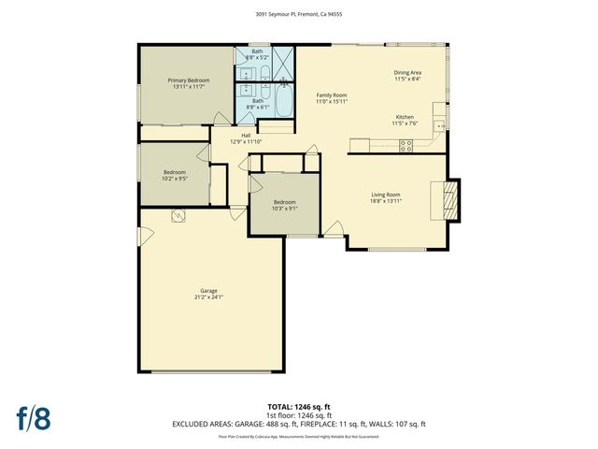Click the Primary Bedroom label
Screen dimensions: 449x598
(189, 81)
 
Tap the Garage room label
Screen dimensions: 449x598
(208, 292)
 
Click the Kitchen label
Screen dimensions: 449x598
(405, 117)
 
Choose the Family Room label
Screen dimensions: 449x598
(331, 95)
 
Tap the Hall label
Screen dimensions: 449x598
(246, 136)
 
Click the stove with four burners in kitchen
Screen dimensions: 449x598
(406, 144)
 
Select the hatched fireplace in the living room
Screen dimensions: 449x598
(450, 199)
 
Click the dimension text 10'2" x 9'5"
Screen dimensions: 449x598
(175, 178)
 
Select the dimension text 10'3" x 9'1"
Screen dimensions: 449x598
(284, 208)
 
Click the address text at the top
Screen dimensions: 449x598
(298, 14)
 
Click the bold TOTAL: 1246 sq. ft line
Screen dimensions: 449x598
(298, 406)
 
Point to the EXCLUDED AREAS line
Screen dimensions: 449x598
(298, 424)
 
